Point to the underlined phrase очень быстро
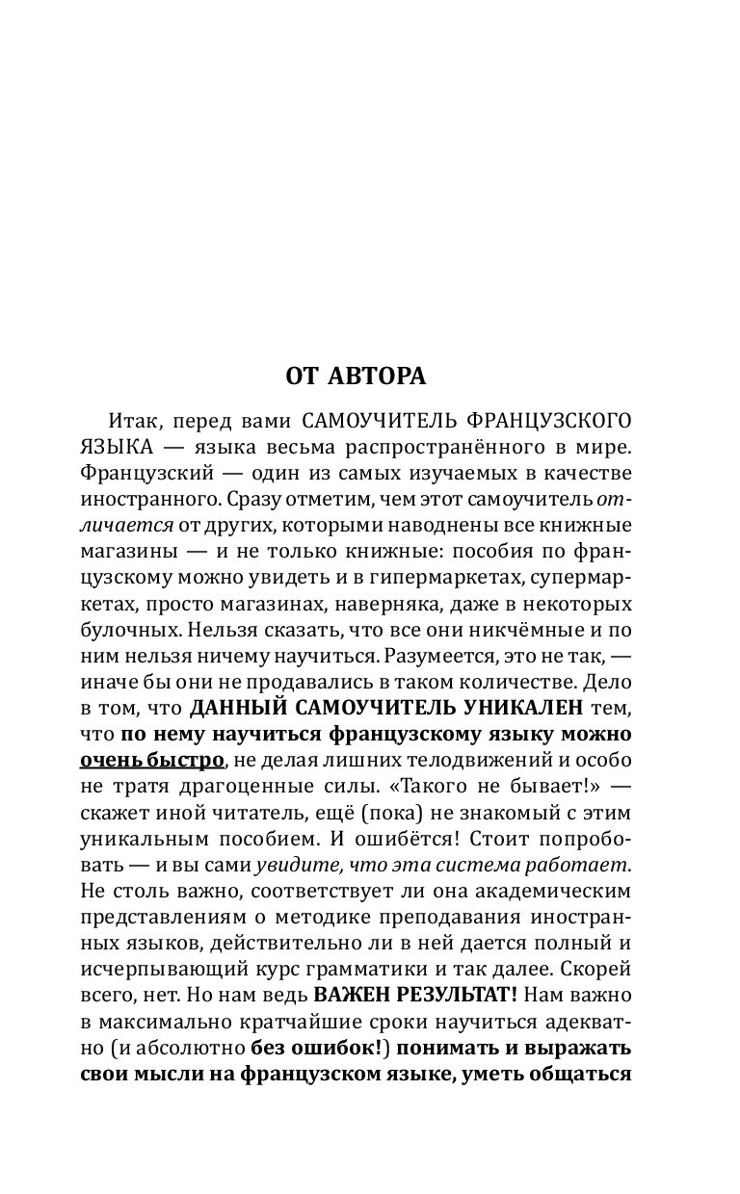[x=151, y=761]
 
